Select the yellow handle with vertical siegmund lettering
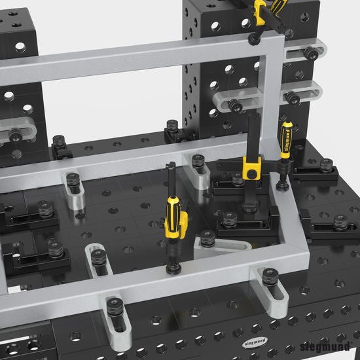pos(287,138)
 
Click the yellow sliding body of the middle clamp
pos(250,170)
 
